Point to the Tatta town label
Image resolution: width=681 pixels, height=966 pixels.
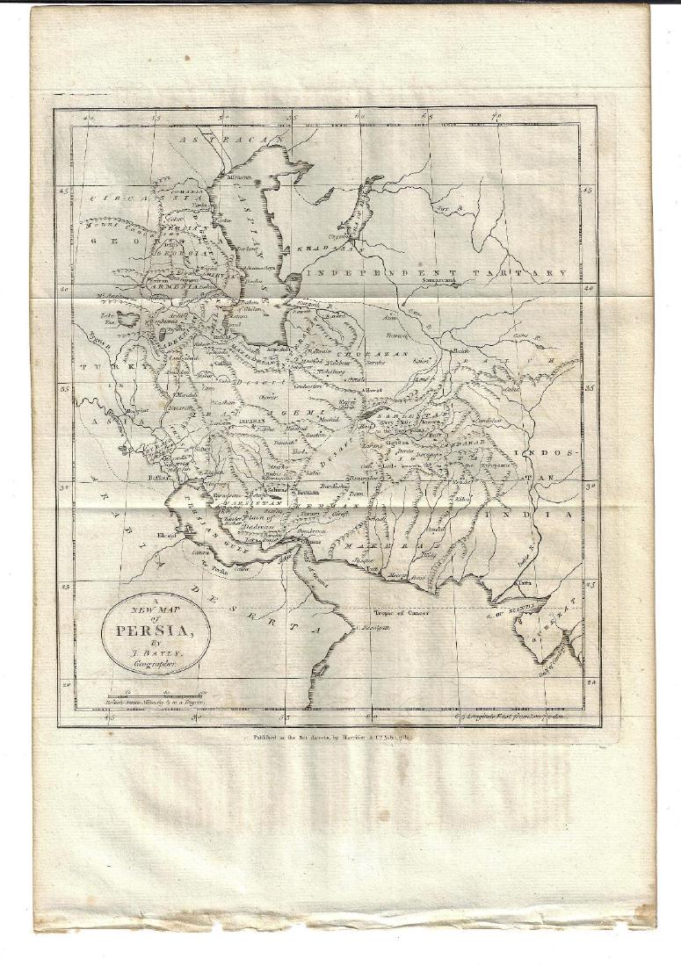[x=525, y=582]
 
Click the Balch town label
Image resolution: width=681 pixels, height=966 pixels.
[x=461, y=351]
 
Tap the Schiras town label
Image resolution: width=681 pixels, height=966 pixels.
[x=278, y=489]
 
